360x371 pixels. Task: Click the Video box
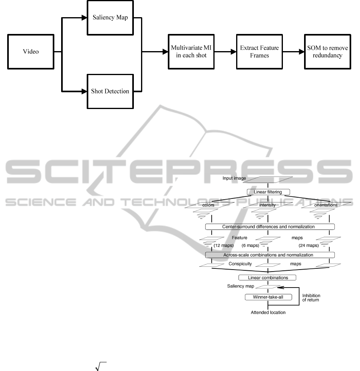31,52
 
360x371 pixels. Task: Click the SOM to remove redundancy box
328,52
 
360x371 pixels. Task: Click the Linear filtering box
267,192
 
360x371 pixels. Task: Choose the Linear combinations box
267,278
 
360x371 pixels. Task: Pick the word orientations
326,205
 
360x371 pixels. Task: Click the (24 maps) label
308,245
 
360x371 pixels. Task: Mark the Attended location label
268,312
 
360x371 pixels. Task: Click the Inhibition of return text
311,298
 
